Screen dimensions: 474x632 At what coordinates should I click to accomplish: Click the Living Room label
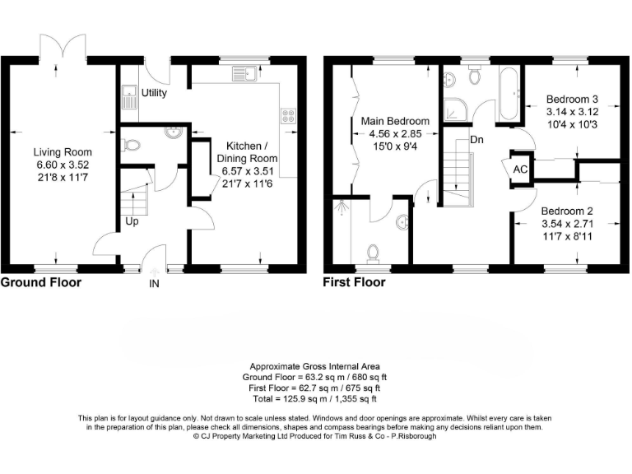point(63,152)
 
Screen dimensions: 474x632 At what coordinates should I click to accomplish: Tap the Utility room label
point(154,93)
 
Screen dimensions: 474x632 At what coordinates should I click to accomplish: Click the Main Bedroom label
point(395,121)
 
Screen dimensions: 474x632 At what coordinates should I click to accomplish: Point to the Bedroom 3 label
point(572,100)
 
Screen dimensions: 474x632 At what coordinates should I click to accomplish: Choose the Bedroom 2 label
point(567,210)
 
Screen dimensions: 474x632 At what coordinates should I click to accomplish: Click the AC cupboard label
point(520,169)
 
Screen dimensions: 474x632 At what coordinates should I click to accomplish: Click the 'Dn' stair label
point(476,139)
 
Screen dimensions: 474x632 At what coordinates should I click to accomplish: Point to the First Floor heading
point(355,282)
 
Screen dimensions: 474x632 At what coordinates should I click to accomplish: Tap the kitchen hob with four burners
point(289,116)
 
